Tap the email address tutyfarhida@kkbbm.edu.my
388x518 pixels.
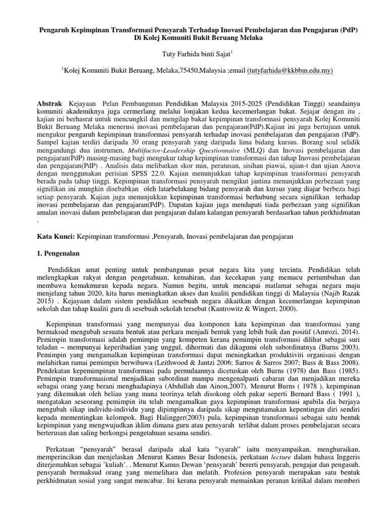pos(290,71)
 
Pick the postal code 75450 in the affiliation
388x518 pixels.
pos(190,71)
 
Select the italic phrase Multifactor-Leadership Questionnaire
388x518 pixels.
pos(184,151)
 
